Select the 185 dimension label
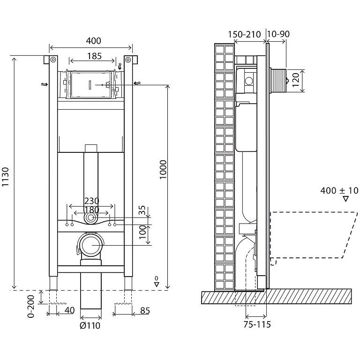(x=94, y=56)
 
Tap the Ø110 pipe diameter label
(x=90, y=325)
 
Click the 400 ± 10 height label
(x=339, y=191)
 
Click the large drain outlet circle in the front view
(x=90, y=245)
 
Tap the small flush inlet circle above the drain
(x=90, y=218)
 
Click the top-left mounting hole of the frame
(x=52, y=60)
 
